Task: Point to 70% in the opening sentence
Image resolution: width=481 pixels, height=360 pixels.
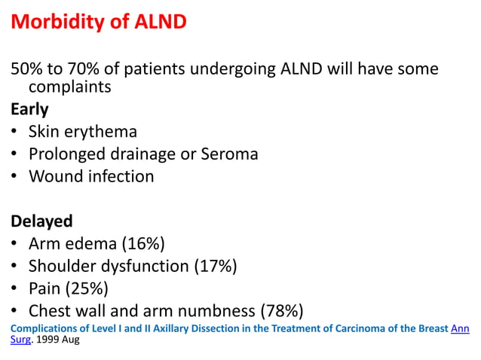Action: (78, 70)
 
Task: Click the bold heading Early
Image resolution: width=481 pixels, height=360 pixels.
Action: (29, 109)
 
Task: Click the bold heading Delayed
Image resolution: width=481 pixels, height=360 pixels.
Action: (41, 221)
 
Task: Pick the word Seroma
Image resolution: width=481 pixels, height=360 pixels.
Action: (230, 154)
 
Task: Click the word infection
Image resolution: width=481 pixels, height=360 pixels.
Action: (121, 177)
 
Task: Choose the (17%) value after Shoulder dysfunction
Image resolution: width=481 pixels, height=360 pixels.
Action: (216, 266)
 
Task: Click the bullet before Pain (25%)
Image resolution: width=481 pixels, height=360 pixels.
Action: (15, 289)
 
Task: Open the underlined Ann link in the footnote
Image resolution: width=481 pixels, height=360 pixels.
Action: (460, 328)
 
